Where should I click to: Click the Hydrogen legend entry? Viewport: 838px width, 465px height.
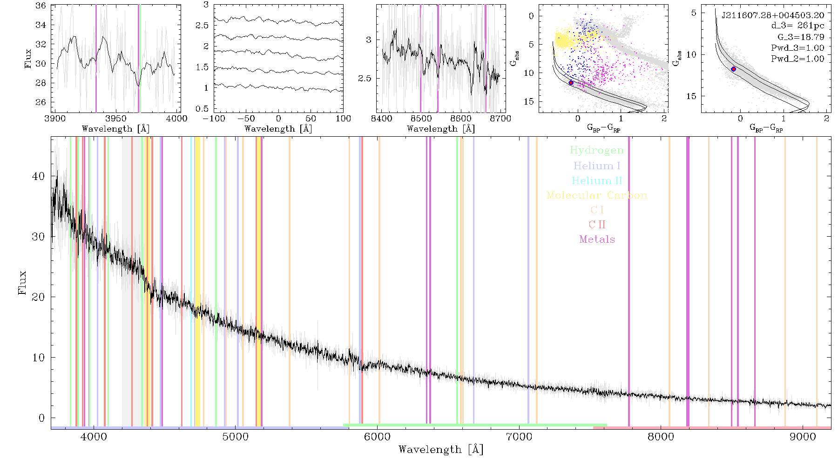596,150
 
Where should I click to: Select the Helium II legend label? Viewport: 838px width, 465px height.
597,180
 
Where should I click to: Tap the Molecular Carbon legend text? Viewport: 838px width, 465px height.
597,195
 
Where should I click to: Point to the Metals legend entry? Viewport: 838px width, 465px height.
597,239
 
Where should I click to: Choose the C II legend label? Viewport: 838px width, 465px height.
597,225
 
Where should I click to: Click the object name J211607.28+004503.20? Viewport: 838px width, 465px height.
773,15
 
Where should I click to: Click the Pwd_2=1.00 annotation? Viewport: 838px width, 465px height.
797,59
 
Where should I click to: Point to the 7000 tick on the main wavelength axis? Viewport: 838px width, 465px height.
519,437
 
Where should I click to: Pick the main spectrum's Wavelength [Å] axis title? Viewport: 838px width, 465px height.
441,450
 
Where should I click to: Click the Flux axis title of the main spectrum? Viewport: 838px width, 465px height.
22,283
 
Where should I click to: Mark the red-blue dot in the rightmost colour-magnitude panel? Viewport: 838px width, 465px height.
733,69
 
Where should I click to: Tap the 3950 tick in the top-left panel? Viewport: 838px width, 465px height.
116,119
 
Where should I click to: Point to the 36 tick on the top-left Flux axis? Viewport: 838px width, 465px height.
41,6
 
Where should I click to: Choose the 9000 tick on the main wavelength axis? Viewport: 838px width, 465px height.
803,437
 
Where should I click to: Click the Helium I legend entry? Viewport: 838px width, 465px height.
597,166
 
